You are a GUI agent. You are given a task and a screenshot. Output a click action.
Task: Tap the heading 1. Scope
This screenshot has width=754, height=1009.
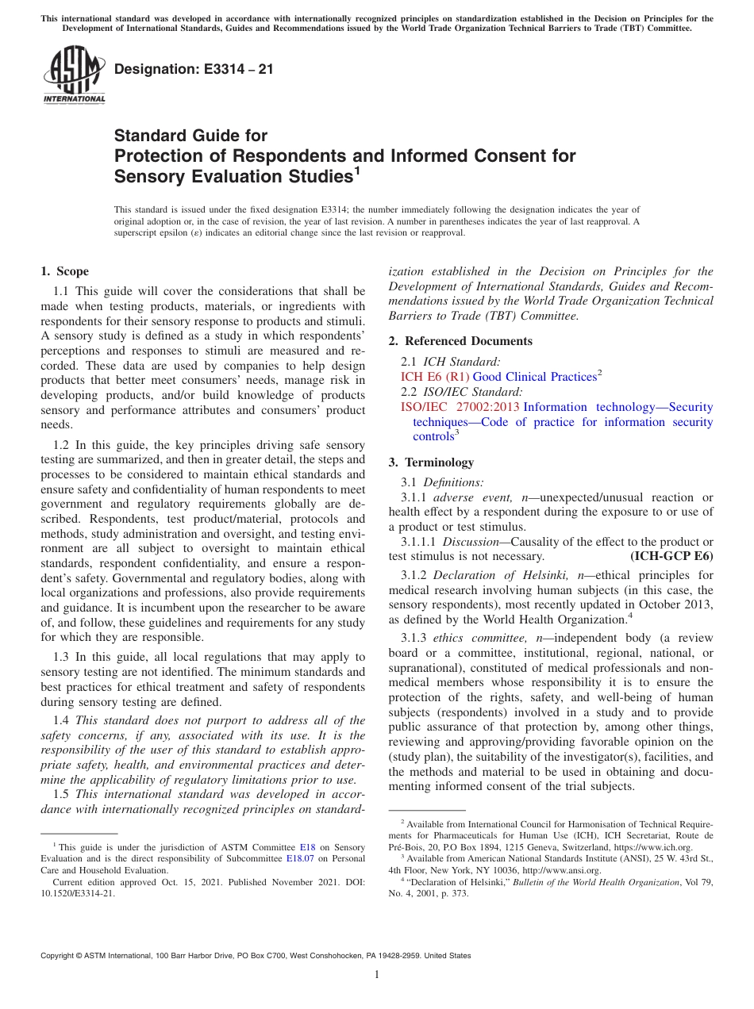pos(64,271)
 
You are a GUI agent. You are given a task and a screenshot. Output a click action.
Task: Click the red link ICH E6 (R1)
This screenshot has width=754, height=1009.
pos(435,377)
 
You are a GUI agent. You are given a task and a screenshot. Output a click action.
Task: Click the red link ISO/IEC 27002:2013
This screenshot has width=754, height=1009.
pos(460,407)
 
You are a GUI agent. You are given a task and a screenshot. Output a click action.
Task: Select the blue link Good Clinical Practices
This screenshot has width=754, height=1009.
pos(534,377)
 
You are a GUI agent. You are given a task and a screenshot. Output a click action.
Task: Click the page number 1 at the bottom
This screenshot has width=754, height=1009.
pos(377,974)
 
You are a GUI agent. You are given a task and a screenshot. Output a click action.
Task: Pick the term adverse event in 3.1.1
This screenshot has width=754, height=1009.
pos(462,497)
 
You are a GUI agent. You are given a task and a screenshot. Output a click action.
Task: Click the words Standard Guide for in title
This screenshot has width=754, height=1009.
pos(190,136)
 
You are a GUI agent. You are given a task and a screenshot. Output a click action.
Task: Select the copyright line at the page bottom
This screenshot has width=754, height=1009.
pos(256,956)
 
